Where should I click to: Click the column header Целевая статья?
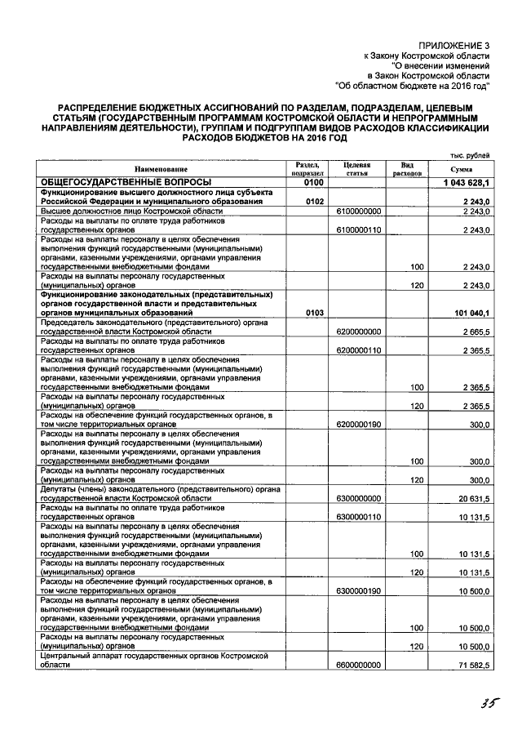click(358, 169)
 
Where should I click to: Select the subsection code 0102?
click(315, 201)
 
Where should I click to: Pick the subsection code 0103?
click(315, 313)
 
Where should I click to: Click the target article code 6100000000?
click(358, 211)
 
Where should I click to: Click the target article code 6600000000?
click(358, 666)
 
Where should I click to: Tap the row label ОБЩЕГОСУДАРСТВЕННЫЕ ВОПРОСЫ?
click(126, 181)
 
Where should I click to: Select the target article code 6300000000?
click(358, 497)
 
